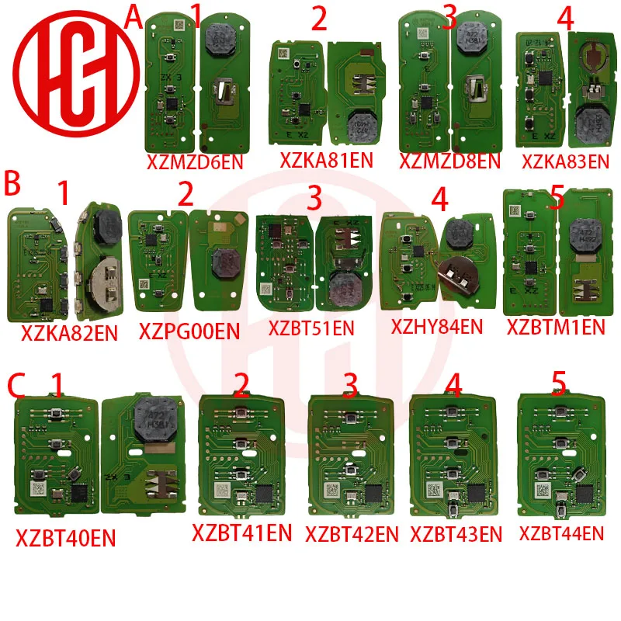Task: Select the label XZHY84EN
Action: pyautogui.click(x=439, y=328)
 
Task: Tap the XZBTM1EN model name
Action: pyautogui.click(x=555, y=327)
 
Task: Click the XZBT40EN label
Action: pyautogui.click(x=66, y=538)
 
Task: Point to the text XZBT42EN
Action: pyautogui.click(x=352, y=534)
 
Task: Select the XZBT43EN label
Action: pyautogui.click(x=456, y=534)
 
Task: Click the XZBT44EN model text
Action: pyautogui.click(x=561, y=533)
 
